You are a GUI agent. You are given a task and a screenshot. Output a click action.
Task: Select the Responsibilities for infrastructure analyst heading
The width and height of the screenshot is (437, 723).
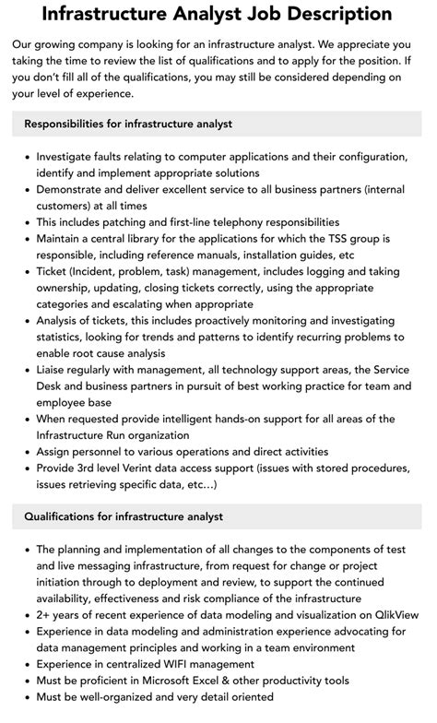[x=128, y=124]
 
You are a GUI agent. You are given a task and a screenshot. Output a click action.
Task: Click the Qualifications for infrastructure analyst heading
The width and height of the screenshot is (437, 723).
[x=124, y=516]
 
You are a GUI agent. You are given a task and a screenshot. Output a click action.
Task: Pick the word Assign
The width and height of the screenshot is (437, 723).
[x=54, y=451]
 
